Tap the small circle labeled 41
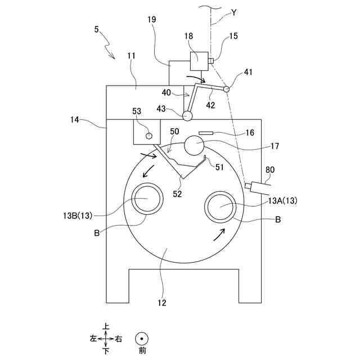point(226,89)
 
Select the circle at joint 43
point(187,115)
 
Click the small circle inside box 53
point(149,135)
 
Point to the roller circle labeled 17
point(194,146)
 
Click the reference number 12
point(162,303)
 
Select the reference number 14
point(75,120)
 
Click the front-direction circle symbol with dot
point(142,339)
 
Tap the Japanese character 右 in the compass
point(118,339)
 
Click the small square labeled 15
point(210,61)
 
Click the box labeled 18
point(199,61)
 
